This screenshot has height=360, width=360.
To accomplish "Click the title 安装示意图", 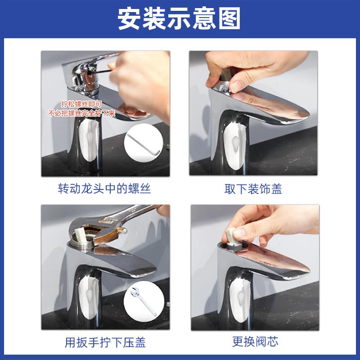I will (180, 19).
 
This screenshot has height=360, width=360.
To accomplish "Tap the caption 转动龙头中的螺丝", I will (104, 189).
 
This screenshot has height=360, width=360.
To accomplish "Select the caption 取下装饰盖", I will (253, 189).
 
